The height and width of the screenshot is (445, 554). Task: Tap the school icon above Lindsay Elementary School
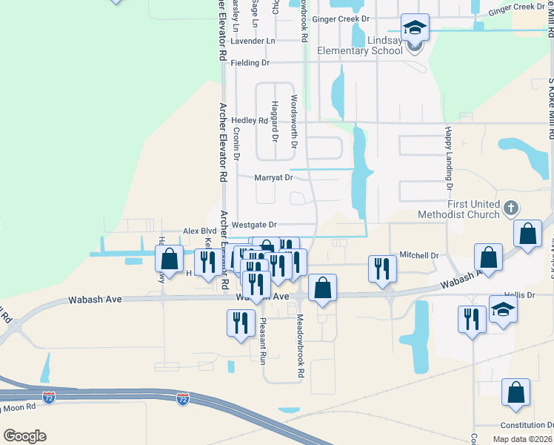(415, 28)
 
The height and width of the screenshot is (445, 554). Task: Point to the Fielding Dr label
(250, 63)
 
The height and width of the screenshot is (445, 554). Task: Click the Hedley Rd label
(249, 120)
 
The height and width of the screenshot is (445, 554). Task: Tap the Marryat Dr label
(274, 178)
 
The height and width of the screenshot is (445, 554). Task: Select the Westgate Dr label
(254, 224)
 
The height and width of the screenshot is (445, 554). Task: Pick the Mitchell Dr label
(419, 255)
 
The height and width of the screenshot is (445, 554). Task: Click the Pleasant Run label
(262, 341)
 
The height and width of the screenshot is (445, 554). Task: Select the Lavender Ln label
(253, 41)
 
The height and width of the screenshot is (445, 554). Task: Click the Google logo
(24, 435)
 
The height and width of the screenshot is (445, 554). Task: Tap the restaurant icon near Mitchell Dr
(381, 268)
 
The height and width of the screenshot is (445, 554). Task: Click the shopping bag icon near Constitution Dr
(515, 392)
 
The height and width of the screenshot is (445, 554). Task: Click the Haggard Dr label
(274, 121)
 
